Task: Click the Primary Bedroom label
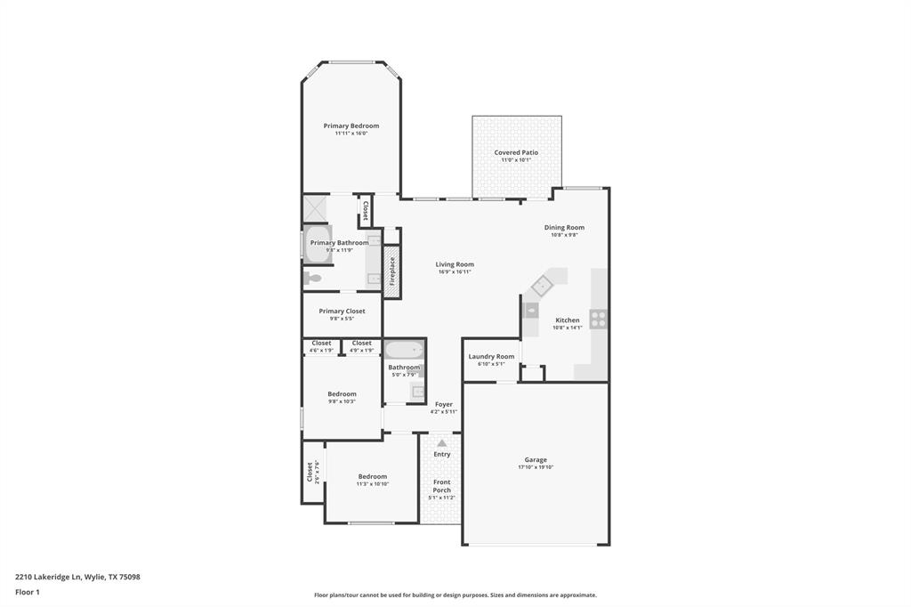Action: [x=351, y=125]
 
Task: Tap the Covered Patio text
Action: [x=516, y=152]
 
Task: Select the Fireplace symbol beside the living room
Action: [x=391, y=271]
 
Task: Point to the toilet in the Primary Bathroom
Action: [x=312, y=278]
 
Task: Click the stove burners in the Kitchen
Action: [x=599, y=317]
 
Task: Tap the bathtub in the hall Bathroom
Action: [x=405, y=350]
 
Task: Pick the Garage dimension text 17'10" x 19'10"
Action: [x=536, y=467]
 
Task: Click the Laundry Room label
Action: [x=491, y=356]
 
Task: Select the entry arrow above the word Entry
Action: [x=441, y=442]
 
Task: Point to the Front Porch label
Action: [x=441, y=486]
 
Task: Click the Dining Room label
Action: [x=564, y=227]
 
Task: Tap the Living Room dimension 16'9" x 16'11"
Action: [x=455, y=271]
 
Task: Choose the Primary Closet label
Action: [x=342, y=311]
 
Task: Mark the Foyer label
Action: [x=443, y=404]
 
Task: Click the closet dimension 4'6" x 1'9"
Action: [x=321, y=351]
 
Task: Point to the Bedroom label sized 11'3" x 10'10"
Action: [x=372, y=476]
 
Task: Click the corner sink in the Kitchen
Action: [x=542, y=287]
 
